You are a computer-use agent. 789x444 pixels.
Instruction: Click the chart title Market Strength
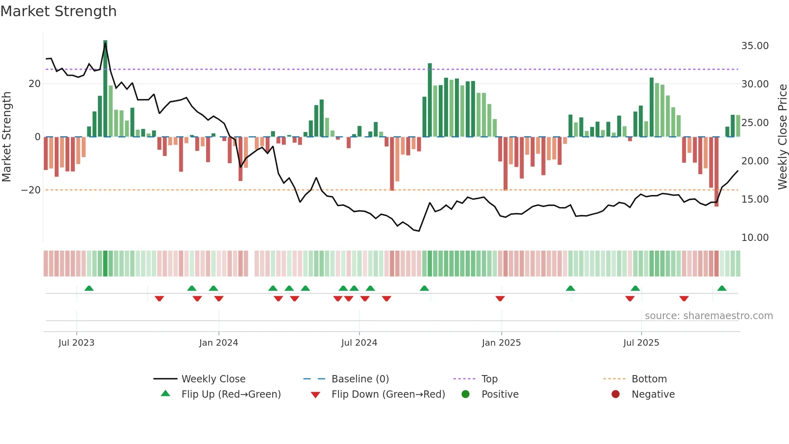point(58,11)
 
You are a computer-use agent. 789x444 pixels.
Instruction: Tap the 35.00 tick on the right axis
point(755,46)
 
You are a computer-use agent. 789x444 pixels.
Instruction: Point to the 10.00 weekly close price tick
point(755,238)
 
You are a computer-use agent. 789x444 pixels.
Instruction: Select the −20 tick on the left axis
point(31,190)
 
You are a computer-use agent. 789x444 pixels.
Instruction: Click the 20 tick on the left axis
point(35,84)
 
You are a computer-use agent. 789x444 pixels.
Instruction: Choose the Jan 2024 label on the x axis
point(219,343)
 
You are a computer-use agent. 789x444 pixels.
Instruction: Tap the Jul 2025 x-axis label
point(641,343)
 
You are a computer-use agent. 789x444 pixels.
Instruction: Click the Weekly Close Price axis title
point(782,137)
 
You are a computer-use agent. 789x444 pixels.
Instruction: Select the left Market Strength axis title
point(7,137)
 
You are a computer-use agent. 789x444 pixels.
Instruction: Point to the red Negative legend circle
point(616,394)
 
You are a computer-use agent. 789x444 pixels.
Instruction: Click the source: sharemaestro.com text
point(708,316)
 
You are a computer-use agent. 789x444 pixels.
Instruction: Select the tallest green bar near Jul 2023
point(105,89)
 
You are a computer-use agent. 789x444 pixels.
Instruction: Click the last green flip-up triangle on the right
point(722,288)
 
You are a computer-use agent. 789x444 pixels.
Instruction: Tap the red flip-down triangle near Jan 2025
point(500,299)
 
